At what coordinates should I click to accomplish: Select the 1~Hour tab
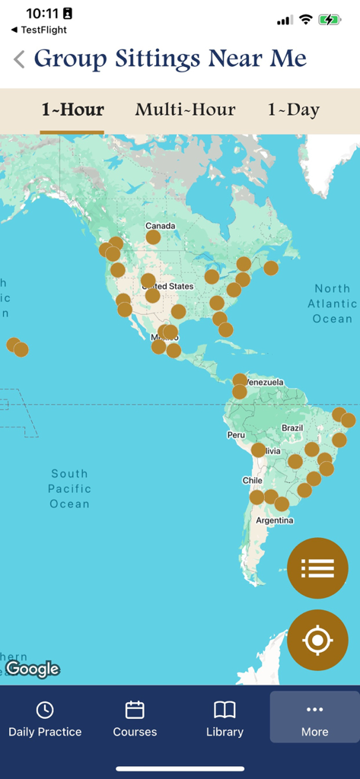click(x=72, y=110)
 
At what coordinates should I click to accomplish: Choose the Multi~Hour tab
click(x=185, y=110)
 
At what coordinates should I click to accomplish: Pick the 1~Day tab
click(x=293, y=110)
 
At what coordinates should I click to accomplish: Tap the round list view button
click(x=317, y=568)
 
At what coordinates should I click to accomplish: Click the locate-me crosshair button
click(x=317, y=640)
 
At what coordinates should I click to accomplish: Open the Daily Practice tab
click(x=45, y=719)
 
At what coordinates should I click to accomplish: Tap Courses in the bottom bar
click(x=135, y=719)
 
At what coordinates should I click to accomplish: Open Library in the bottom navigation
click(x=225, y=719)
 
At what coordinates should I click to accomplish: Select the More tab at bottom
click(x=314, y=719)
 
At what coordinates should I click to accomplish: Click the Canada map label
click(x=160, y=226)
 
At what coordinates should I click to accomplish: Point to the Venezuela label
click(x=265, y=382)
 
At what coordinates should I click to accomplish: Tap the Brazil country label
click(x=292, y=428)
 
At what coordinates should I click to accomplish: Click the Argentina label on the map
click(x=275, y=520)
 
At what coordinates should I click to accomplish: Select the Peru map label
click(x=236, y=435)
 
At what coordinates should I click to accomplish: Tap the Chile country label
click(x=252, y=481)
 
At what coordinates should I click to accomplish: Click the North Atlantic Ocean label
click(x=333, y=304)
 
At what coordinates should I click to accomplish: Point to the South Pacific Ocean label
click(x=69, y=488)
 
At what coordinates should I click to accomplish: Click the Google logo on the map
click(x=32, y=669)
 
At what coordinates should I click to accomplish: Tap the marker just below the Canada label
click(x=153, y=237)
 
